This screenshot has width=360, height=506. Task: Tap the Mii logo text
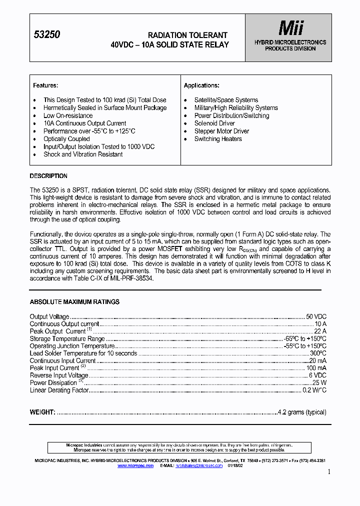(290, 28)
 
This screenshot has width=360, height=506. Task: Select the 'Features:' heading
(45, 85)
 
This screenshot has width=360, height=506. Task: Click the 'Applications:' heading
(201, 85)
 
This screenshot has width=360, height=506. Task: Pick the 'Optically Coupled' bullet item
(66, 139)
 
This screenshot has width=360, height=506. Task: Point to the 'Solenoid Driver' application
(214, 123)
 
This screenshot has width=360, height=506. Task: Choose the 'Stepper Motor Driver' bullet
(221, 131)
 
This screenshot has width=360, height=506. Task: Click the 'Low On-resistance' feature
(68, 115)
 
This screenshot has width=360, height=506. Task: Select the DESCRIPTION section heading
(48, 176)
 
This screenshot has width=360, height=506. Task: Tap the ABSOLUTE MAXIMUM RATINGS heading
(74, 302)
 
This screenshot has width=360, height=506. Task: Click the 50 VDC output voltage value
(316, 317)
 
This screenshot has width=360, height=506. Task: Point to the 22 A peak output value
(320, 331)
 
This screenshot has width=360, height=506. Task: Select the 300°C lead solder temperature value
(318, 353)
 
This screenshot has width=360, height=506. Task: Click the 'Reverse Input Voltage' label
(59, 375)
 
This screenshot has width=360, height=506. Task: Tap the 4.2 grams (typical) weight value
(302, 412)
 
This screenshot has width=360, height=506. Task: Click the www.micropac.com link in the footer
(135, 465)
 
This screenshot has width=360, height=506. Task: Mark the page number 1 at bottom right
(328, 471)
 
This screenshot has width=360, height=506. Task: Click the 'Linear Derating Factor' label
(59, 390)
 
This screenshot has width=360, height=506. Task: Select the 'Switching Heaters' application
(218, 139)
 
